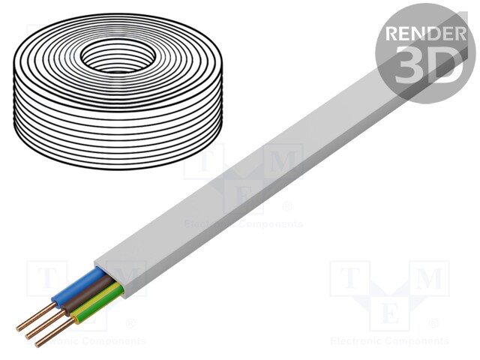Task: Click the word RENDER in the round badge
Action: tap(423, 34)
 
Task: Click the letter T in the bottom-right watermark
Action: tap(349, 280)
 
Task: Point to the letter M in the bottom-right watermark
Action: tap(428, 280)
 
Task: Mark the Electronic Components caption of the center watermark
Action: tap(243, 223)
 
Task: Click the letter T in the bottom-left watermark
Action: tap(46, 279)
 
